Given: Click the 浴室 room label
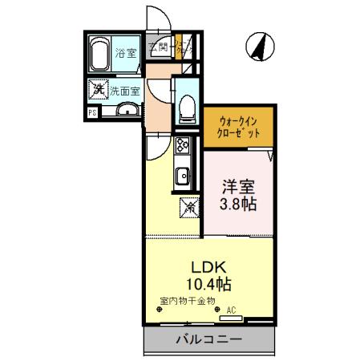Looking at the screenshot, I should coord(126,55).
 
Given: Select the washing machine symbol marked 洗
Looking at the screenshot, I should coord(97,88).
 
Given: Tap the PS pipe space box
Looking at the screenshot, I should coord(93,112).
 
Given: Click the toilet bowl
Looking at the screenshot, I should coord(187,104).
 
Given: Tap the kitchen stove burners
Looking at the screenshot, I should coord(182,147).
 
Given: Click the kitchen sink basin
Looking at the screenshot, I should coord(183,173).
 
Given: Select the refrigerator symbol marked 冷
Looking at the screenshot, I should coord(190,207).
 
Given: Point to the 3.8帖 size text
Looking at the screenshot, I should coord(238,205).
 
